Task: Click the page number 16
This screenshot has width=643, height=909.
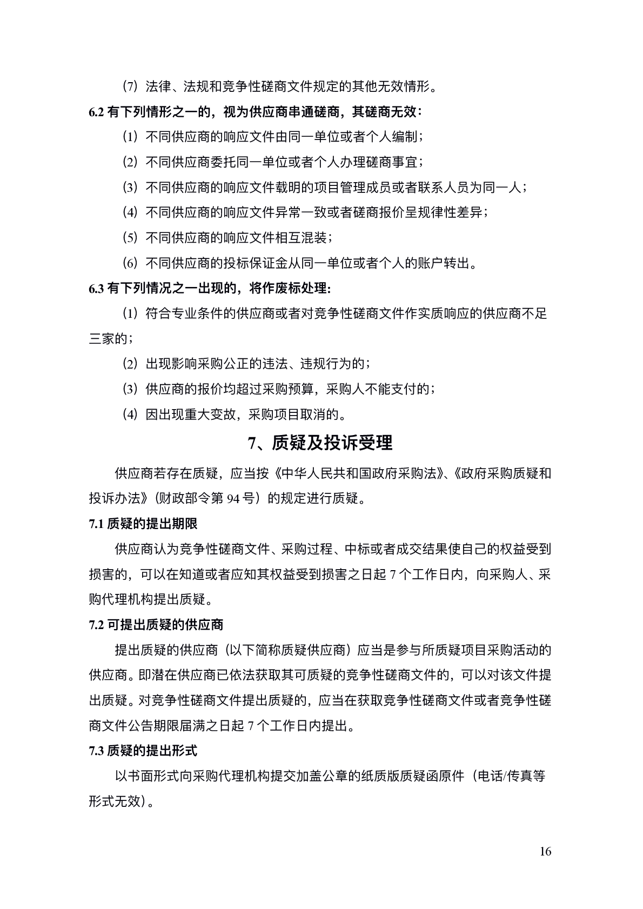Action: coord(545,852)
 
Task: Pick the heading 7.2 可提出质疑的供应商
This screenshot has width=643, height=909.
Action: coord(156,625)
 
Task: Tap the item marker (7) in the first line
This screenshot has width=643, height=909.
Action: coord(131,86)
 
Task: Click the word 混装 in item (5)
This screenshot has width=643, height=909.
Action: coord(314,238)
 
